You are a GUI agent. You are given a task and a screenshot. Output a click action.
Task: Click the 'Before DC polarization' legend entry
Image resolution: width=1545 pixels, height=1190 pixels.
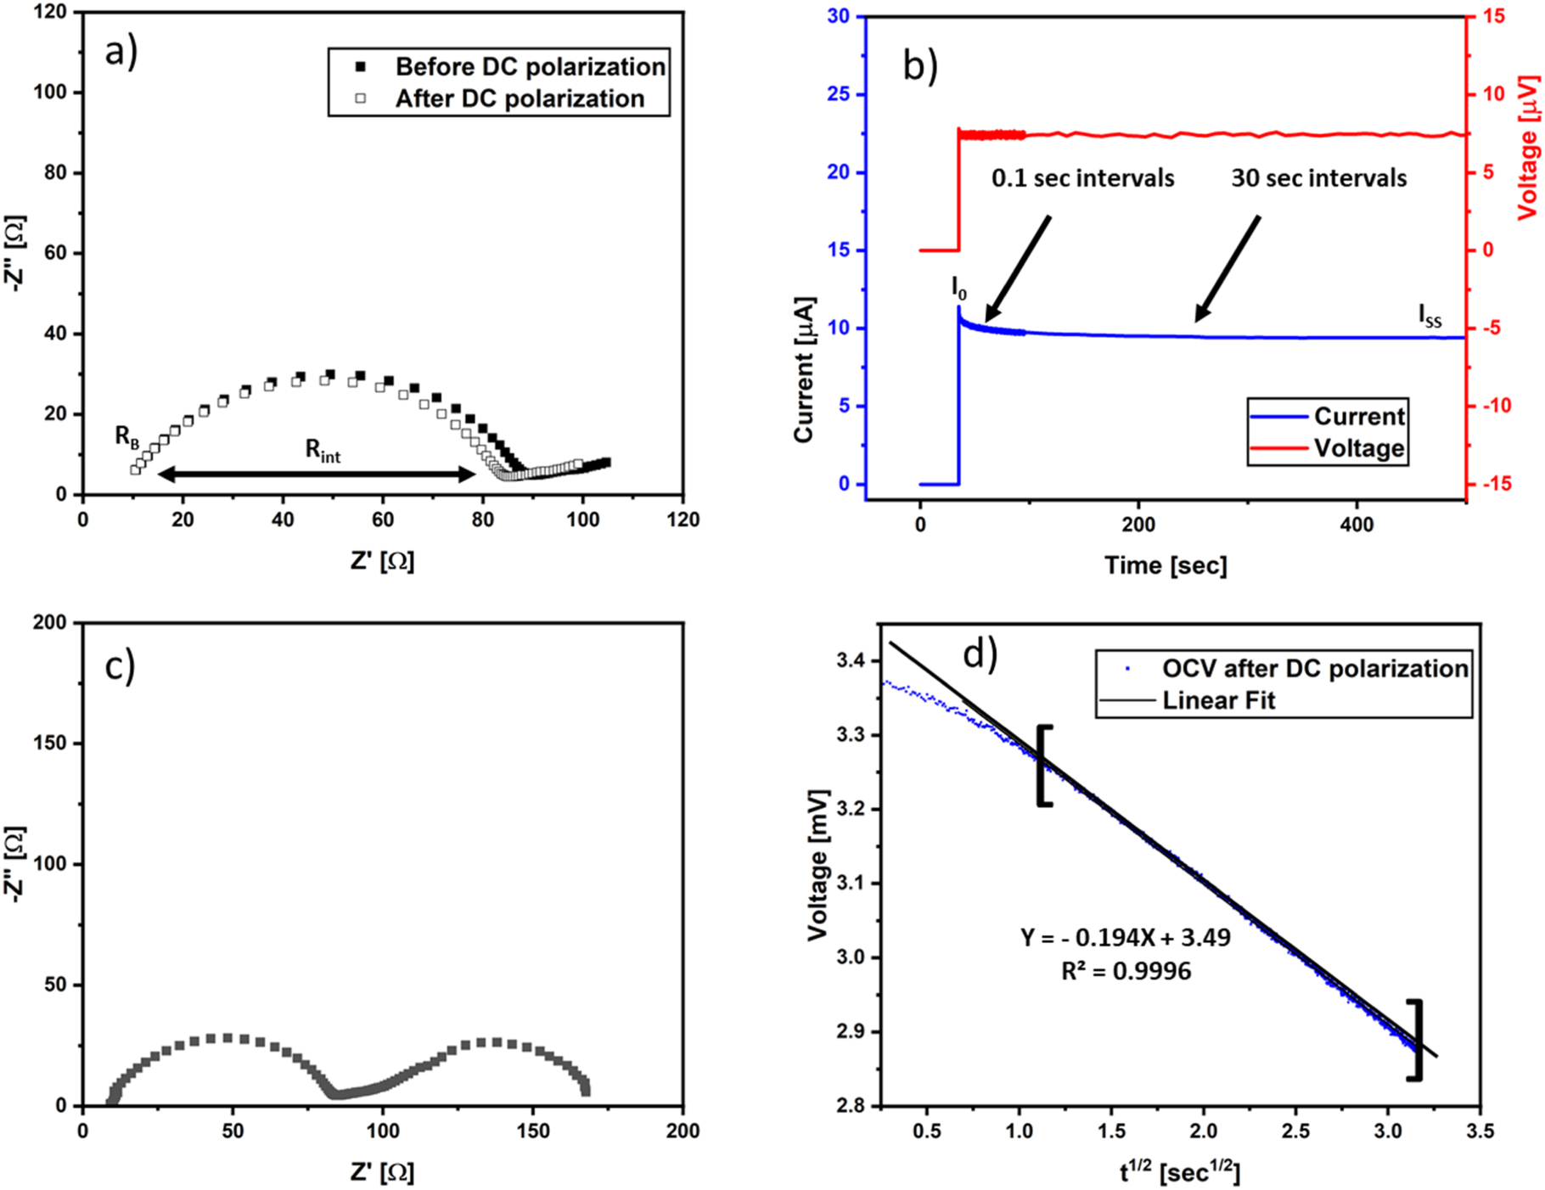[x=530, y=66]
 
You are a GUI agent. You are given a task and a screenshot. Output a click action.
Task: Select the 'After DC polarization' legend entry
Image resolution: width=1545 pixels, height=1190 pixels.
[x=520, y=98]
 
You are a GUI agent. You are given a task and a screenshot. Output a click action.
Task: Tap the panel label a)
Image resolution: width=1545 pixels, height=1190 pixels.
[x=121, y=53]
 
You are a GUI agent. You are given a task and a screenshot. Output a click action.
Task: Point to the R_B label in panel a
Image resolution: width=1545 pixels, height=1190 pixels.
[x=127, y=436]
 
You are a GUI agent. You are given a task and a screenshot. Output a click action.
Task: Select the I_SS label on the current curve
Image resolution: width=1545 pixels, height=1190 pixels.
[x=1430, y=316]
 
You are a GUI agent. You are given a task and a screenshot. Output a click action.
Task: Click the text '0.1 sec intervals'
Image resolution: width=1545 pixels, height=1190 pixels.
[x=1082, y=178]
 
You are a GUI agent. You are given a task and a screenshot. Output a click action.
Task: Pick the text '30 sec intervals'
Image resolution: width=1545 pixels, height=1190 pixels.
[x=1318, y=178]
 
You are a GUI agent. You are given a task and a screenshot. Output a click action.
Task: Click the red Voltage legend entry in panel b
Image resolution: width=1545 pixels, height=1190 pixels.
[x=1358, y=447]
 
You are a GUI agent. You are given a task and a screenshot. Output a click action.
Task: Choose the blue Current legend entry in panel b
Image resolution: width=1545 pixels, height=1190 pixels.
[x=1358, y=416]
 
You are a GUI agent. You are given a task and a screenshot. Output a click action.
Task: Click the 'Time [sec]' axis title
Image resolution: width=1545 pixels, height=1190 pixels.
[x=1165, y=565]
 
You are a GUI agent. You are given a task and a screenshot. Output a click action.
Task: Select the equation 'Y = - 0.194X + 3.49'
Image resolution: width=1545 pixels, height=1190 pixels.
[x=1125, y=937]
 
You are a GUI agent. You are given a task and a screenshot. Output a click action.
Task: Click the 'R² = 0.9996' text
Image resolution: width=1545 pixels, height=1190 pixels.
[x=1126, y=970]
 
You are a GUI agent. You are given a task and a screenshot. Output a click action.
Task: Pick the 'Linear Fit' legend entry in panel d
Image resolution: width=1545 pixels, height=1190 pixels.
[x=1218, y=700]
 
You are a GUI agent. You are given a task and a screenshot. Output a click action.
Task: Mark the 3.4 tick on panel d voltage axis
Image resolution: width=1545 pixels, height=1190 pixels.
[x=853, y=660]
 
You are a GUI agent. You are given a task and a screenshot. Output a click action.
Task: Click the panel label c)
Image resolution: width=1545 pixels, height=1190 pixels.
[x=120, y=667]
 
